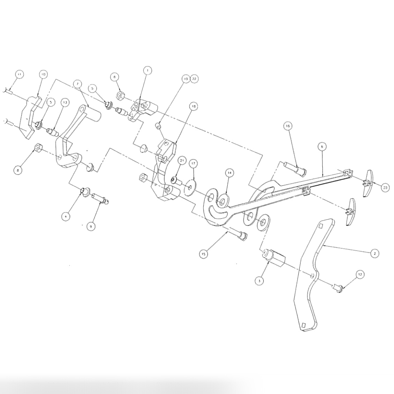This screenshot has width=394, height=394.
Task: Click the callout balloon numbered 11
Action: [19, 74]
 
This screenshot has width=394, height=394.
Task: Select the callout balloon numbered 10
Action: [43, 74]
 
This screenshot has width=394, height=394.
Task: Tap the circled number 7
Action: [77, 84]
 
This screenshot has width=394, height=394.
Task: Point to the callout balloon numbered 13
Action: [65, 102]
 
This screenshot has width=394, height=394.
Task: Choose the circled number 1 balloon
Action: [147, 70]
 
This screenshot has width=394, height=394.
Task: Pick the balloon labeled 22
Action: [194, 79]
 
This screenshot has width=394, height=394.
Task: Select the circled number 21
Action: [182, 160]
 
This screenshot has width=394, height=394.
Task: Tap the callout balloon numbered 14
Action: [229, 172]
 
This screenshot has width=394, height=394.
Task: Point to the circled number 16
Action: [288, 126]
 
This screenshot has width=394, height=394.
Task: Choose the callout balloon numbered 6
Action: [322, 147]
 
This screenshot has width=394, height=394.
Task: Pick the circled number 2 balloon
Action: [374, 253]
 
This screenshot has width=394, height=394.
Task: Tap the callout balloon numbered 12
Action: [360, 275]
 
